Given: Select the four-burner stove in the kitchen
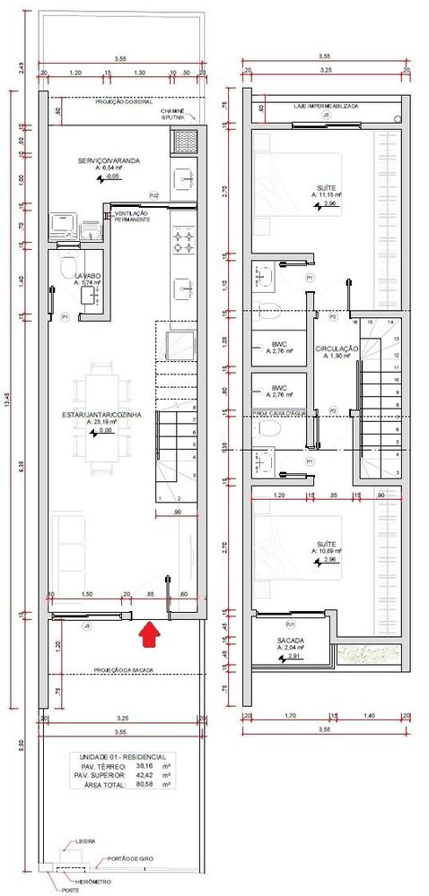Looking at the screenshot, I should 185,239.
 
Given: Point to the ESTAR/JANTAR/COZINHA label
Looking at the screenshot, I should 101,415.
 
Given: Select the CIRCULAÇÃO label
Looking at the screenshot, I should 337,349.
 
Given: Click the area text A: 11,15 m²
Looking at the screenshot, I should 330,194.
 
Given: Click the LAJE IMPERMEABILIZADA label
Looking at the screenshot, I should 327,105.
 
